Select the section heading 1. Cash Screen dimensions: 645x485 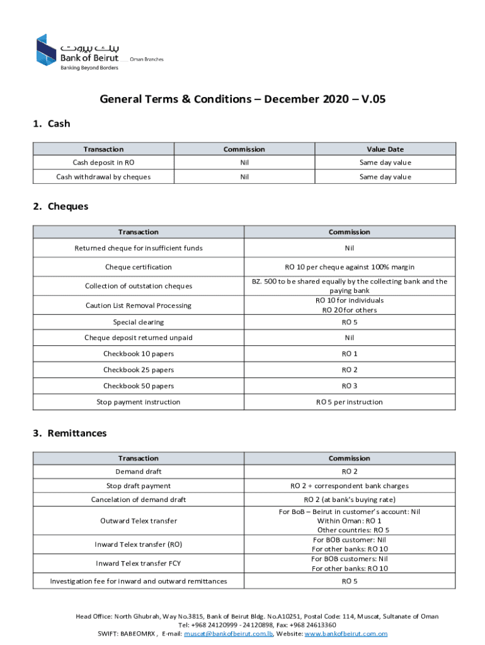coord(51,123)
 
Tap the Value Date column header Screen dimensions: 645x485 coord(385,149)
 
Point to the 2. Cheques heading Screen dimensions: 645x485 coord(60,206)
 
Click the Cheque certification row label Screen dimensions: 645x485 coord(139,267)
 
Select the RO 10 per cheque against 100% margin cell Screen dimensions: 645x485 coord(349,267)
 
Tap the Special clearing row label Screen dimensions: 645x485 coord(139,322)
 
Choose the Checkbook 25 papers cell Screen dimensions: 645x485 coord(139,370)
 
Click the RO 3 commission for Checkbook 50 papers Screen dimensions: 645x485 coord(349,386)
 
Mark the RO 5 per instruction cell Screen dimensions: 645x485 coord(349,402)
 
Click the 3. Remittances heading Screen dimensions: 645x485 coord(69,433)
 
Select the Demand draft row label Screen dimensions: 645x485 coord(139,472)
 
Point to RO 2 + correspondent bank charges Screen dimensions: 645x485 coord(349,486)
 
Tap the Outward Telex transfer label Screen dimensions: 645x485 coord(139,521)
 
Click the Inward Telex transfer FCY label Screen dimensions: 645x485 coord(139,563)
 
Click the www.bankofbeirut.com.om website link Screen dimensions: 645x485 coord(346,634)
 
